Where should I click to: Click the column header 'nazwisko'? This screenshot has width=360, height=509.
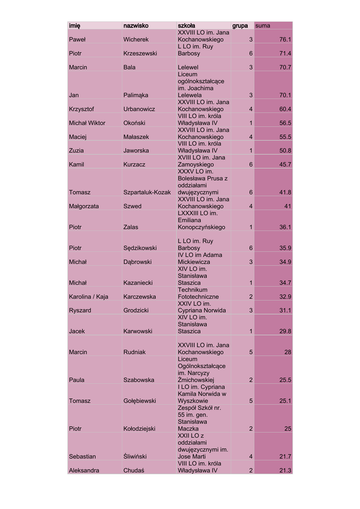(136, 25)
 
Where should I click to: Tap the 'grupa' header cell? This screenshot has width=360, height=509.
(240, 25)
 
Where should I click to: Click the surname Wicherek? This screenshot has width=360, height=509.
(136, 39)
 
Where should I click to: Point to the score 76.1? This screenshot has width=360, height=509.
(285, 39)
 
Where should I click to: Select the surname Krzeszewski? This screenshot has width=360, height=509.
(140, 53)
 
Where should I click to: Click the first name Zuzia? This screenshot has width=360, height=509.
(77, 151)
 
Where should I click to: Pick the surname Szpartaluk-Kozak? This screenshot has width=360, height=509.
(147, 192)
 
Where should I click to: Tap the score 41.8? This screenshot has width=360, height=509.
(285, 192)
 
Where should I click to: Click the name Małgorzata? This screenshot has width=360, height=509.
(84, 206)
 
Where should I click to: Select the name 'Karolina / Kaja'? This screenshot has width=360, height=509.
(89, 297)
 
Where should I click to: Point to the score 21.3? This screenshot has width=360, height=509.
(285, 470)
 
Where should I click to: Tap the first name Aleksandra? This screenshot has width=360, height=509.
(84, 470)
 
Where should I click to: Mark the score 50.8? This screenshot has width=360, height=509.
(285, 151)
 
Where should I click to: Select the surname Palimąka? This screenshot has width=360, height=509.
(136, 95)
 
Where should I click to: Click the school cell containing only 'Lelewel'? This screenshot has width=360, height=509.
(188, 67)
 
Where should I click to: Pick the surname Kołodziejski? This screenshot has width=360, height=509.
(139, 428)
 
